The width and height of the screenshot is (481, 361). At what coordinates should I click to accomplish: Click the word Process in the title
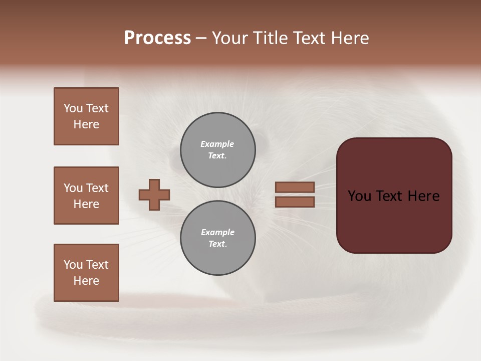tap(157, 38)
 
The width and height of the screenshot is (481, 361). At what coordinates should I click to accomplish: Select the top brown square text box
tap(86, 116)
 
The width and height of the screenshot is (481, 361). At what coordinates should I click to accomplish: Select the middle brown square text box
tap(86, 196)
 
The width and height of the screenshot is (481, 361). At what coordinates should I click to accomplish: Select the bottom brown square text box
tap(86, 273)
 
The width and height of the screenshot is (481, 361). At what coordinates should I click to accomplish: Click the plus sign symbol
tap(154, 195)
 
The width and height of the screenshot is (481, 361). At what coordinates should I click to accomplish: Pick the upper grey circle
tap(218, 150)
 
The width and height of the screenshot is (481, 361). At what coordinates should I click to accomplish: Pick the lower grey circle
tap(218, 238)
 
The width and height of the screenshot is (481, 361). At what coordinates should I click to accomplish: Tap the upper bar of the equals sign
tap(295, 187)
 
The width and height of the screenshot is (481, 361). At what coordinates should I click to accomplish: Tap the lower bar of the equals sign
tap(295, 202)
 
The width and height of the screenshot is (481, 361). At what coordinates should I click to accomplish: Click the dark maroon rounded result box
tap(394, 221)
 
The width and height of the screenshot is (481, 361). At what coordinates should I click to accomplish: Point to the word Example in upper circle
tap(217, 144)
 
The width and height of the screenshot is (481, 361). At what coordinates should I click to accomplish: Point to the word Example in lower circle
tap(217, 232)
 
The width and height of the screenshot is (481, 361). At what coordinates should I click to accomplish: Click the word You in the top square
tap(73, 108)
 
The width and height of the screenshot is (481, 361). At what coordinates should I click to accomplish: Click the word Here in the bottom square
tap(86, 281)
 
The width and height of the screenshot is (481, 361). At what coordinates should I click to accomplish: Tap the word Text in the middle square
tap(97, 188)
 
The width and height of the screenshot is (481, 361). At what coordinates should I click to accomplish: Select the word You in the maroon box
tap(359, 196)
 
